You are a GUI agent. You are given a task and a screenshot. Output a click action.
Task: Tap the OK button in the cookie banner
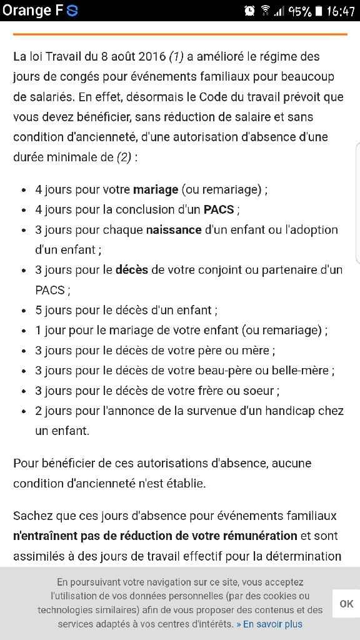click(x=346, y=603)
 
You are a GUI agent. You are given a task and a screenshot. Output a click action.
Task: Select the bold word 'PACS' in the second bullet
click(x=219, y=209)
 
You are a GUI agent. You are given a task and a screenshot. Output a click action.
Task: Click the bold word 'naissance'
click(x=174, y=229)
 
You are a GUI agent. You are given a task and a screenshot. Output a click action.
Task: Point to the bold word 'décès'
click(x=132, y=270)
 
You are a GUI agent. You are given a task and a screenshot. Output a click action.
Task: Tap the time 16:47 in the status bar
click(x=341, y=11)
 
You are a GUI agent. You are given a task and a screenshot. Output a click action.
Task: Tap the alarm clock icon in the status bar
click(x=250, y=11)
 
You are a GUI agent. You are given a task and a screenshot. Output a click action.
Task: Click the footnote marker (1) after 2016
click(x=176, y=56)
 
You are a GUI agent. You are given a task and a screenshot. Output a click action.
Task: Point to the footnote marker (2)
click(x=124, y=157)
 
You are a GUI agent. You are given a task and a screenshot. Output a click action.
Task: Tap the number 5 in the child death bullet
click(x=38, y=310)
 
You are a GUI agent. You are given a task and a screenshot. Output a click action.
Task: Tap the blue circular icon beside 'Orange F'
click(x=72, y=11)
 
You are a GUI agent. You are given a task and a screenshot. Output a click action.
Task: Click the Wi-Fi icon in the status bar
click(x=265, y=11)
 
